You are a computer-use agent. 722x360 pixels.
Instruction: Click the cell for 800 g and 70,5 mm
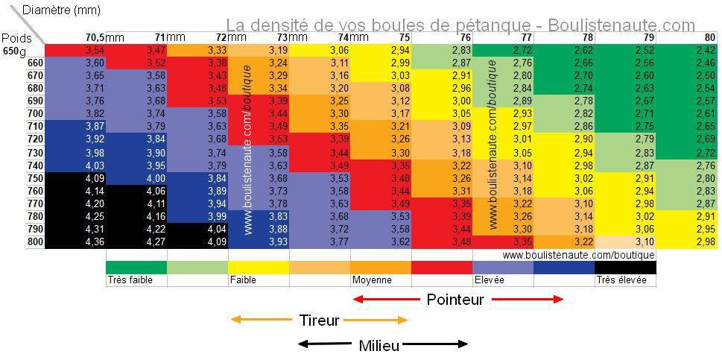click(x=75, y=242)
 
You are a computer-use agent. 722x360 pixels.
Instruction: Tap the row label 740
click(x=35, y=165)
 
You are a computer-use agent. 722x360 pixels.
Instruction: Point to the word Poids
click(x=16, y=38)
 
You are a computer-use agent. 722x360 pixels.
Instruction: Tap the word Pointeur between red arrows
click(x=455, y=300)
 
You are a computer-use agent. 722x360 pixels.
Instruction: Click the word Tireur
click(x=319, y=320)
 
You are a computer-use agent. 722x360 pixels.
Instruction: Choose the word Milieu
click(x=379, y=345)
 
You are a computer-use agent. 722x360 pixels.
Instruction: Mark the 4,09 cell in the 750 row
click(x=75, y=178)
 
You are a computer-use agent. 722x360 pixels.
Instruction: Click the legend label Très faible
click(x=126, y=281)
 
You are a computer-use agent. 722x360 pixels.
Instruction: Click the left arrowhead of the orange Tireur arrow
click(x=234, y=320)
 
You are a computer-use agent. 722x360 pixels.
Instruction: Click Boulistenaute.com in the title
click(x=621, y=26)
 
